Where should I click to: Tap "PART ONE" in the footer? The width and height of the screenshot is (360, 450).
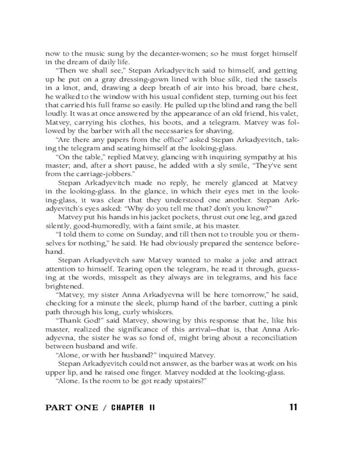[72, 408]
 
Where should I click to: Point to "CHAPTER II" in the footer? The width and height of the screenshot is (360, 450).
[133, 408]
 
